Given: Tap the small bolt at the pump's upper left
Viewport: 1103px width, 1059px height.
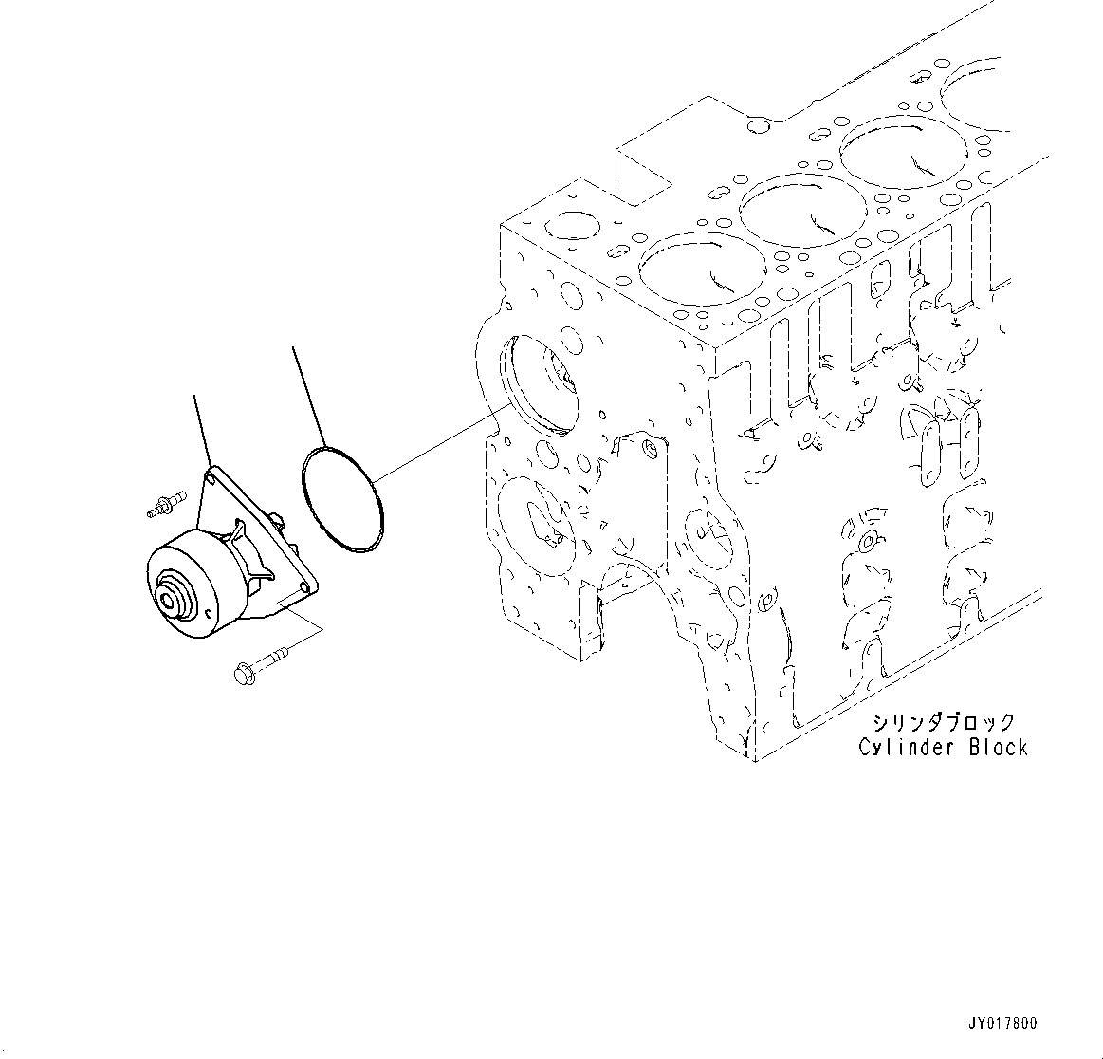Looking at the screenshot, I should click(164, 504).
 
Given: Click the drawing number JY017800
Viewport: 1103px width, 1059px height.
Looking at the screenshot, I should click(1002, 1023).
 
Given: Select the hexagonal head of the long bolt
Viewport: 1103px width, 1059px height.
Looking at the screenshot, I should click(240, 673).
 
